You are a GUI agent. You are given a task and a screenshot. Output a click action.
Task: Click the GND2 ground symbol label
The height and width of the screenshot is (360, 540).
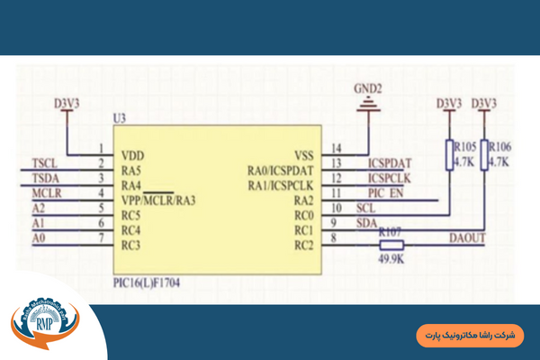(368, 88)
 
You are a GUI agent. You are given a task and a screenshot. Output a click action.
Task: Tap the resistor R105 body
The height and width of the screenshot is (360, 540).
(447, 154)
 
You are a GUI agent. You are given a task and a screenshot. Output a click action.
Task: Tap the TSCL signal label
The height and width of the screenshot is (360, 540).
(44, 163)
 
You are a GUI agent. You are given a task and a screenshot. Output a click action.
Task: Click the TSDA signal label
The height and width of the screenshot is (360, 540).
(45, 178)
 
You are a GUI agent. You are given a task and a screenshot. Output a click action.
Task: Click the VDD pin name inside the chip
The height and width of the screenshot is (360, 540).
(132, 154)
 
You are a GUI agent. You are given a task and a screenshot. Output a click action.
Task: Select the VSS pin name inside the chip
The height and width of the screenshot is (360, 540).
(303, 154)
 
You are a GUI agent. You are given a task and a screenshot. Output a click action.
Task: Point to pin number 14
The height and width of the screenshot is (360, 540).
(336, 148)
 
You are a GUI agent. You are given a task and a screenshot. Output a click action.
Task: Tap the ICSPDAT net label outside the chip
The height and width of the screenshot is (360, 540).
(390, 163)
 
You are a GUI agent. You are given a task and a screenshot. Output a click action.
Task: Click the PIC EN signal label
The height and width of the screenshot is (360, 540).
(385, 193)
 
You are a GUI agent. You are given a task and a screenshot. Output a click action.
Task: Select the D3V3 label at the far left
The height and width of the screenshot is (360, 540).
(67, 103)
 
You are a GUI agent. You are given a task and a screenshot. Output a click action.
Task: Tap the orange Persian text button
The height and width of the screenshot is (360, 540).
(471, 335)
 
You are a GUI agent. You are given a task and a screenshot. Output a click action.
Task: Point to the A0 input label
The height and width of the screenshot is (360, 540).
(38, 238)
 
